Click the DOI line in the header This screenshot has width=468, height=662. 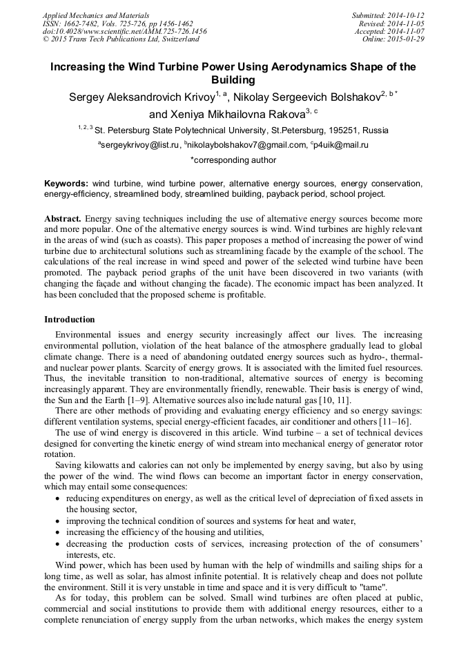124,31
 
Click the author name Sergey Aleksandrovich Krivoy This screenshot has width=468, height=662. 142,97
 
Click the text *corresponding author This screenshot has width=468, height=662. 233,160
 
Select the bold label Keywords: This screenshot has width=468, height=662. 66,184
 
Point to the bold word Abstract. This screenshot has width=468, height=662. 63,218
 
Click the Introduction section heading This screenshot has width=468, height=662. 70,320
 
